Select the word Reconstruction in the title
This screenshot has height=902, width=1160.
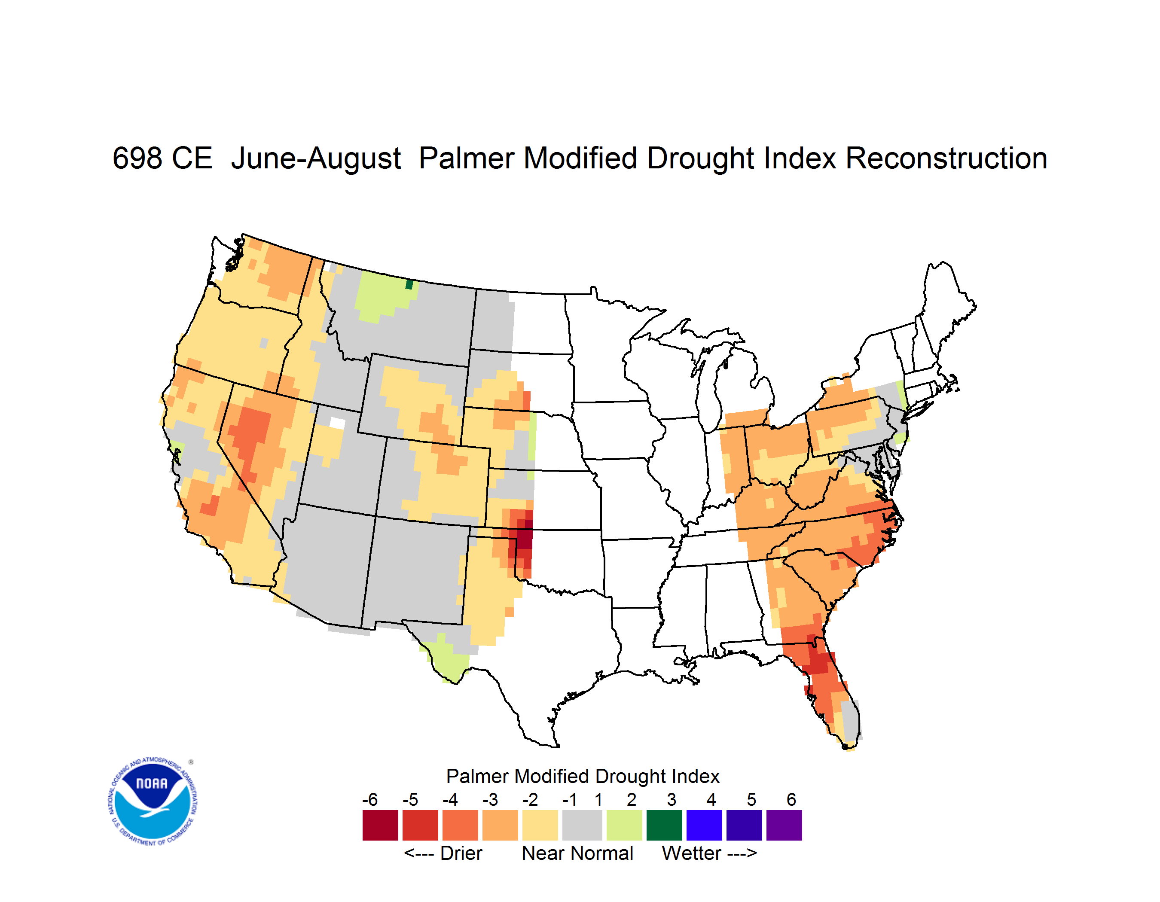946,158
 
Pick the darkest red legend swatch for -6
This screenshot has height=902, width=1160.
380,825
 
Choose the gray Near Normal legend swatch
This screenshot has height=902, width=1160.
582,825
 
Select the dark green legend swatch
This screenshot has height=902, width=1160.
664,825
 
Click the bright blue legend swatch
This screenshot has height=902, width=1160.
704,825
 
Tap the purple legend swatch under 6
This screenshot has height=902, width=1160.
784,825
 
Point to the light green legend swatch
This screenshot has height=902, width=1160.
624,825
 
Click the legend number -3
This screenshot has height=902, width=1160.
490,799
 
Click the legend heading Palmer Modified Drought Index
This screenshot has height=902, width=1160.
583,776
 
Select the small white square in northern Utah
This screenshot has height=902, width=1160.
337,423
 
